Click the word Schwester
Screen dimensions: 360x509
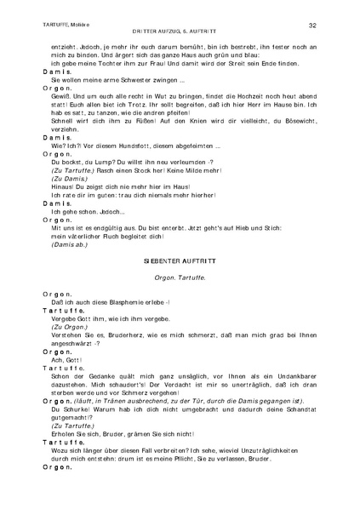pyautogui.click(x=145, y=81)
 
